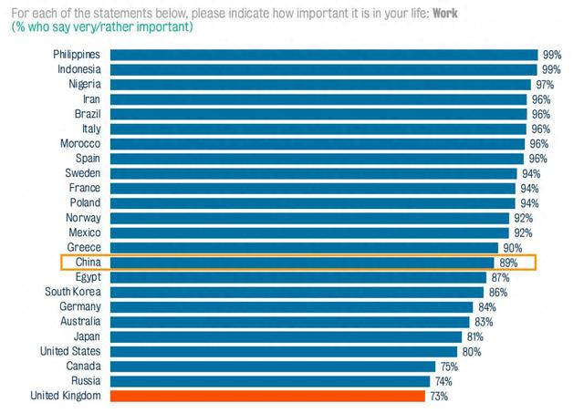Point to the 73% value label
click(x=438, y=396)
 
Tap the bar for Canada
click(x=273, y=367)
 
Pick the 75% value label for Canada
click(x=447, y=367)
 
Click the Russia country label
click(x=85, y=381)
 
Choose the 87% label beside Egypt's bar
click(x=499, y=277)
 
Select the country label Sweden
click(x=81, y=173)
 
